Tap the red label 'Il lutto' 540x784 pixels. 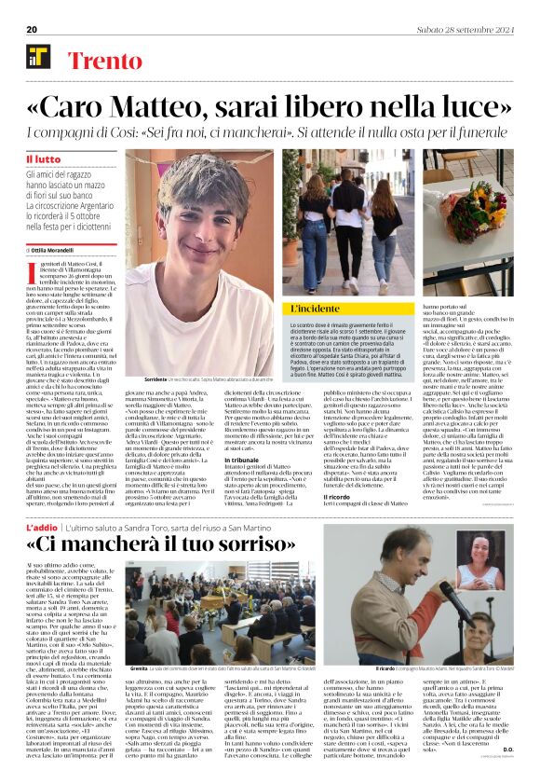43,159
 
